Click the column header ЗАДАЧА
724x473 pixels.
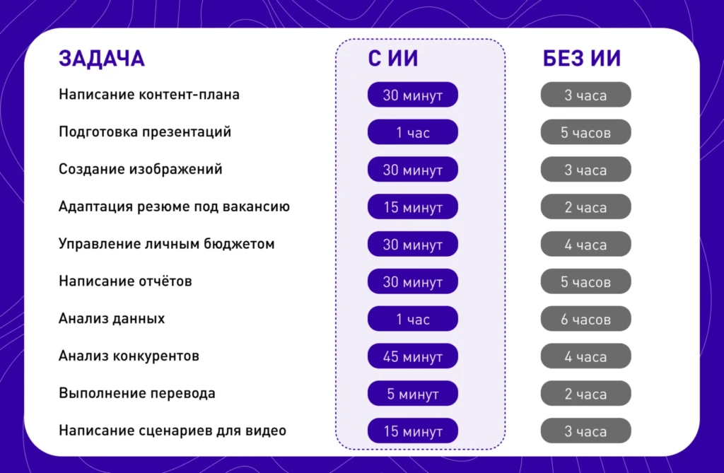(101, 59)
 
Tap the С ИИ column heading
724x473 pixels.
(393, 59)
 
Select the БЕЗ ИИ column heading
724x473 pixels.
(582, 59)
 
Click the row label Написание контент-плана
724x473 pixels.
(149, 95)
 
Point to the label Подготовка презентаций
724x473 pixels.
(145, 132)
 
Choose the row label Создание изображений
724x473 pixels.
(141, 170)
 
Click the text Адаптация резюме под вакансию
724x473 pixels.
(174, 207)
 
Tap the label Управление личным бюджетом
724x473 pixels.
(166, 245)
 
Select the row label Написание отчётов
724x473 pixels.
(125, 281)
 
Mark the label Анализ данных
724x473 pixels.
(112, 319)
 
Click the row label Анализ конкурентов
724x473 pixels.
(129, 356)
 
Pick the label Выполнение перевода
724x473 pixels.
(137, 393)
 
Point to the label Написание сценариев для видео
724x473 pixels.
(173, 431)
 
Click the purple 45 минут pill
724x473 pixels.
(413, 356)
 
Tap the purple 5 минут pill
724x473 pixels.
(413, 394)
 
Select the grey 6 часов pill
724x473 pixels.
(585, 320)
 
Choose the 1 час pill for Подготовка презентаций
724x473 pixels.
(413, 132)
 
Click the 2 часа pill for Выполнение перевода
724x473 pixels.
(585, 394)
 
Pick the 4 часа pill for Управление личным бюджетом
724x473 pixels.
(585, 245)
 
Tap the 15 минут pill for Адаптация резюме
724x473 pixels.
(413, 207)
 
